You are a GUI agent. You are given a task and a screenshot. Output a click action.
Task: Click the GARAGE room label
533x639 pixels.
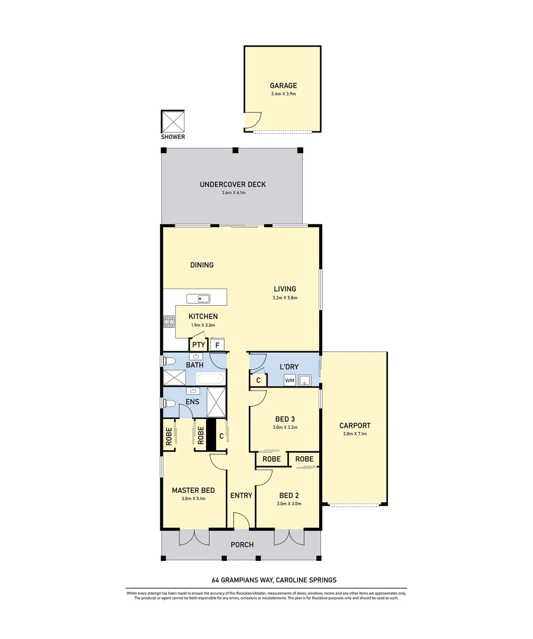click(x=283, y=85)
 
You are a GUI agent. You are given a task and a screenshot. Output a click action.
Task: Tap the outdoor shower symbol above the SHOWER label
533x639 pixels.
click(x=173, y=122)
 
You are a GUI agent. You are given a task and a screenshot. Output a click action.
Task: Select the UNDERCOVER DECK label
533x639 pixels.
click(x=233, y=185)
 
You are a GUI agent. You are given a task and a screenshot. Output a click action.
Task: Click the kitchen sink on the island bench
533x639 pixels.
click(x=199, y=298)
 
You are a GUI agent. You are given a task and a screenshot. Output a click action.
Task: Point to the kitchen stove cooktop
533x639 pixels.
click(x=169, y=321)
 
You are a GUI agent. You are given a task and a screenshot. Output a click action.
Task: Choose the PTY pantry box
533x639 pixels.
click(x=198, y=345)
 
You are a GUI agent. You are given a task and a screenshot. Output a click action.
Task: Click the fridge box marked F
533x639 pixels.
click(x=217, y=345)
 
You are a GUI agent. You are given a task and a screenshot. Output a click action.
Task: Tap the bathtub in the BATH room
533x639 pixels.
click(x=210, y=379)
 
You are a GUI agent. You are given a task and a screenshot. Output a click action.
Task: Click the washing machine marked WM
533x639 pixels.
click(x=290, y=380)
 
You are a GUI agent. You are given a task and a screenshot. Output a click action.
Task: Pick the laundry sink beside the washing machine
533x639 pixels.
click(x=305, y=380)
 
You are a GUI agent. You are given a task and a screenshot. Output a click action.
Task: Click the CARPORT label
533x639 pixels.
click(x=355, y=425)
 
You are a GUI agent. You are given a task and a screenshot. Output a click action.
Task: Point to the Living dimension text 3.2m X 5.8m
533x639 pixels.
click(x=285, y=298)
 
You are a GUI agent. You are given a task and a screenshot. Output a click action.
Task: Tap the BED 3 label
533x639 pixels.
click(x=284, y=419)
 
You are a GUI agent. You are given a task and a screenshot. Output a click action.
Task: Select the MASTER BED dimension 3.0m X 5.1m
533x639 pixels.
click(x=193, y=499)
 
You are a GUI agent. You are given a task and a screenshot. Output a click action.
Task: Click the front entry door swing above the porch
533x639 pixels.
click(x=242, y=522)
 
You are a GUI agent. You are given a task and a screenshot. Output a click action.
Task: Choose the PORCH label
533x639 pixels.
click(x=242, y=545)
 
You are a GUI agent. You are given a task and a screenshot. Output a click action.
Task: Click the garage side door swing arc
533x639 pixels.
click(x=252, y=121)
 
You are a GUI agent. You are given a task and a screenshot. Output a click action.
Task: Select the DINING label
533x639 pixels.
click(x=202, y=265)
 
